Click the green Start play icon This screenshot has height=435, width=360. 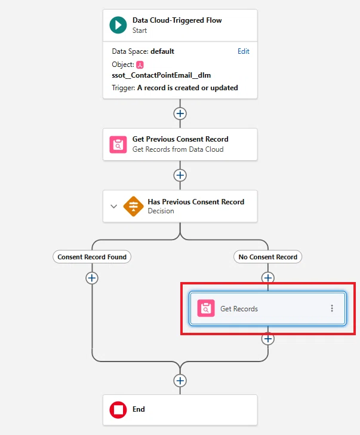coord(118,25)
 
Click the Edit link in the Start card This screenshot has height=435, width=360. coord(244,51)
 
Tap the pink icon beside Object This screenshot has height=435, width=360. coord(140,65)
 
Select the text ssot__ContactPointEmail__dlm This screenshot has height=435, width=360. coord(161,75)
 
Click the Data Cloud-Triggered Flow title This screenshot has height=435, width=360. coord(177,20)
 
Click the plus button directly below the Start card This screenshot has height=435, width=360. coord(180,114)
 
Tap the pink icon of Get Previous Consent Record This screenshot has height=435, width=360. coord(118,144)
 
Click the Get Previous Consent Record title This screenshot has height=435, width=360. coord(180,139)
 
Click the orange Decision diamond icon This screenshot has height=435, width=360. coord(133,206)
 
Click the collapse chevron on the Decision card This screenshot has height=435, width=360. coord(113,206)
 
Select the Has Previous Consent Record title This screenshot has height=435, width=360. coord(196,202)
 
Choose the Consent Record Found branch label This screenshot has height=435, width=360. coord(92,257)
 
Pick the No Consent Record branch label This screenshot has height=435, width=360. coord(267,257)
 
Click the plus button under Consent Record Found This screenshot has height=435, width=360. coord(92,278)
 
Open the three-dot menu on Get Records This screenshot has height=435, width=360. coord(332,308)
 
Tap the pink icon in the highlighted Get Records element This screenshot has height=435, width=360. coord(206,308)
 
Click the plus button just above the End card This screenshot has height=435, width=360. coord(180,381)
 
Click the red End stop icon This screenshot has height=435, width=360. coord(118,410)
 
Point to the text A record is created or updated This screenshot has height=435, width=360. coord(187,88)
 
